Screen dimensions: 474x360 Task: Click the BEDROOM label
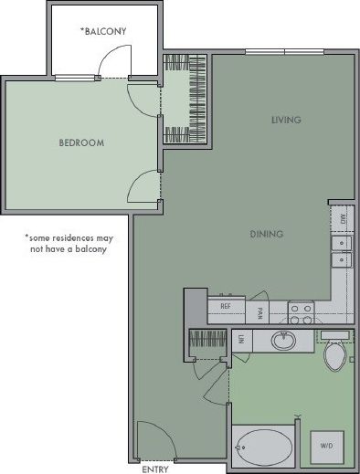pyautogui.click(x=81, y=142)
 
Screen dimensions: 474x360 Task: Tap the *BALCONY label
pyautogui.click(x=103, y=31)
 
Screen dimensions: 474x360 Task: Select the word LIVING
pyautogui.click(x=285, y=120)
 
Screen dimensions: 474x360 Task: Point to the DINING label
pyautogui.click(x=266, y=234)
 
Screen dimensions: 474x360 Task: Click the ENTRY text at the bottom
pyautogui.click(x=154, y=469)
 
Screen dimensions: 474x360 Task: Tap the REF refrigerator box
pyautogui.click(x=226, y=307)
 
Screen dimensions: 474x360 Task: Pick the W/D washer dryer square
pyautogui.click(x=326, y=446)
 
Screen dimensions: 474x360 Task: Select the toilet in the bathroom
pyautogui.click(x=334, y=354)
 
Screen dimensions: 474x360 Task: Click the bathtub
pyautogui.click(x=263, y=448)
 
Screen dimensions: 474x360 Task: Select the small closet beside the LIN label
pyautogui.click(x=206, y=343)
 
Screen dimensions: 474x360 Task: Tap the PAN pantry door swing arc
pyautogui.click(x=259, y=296)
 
